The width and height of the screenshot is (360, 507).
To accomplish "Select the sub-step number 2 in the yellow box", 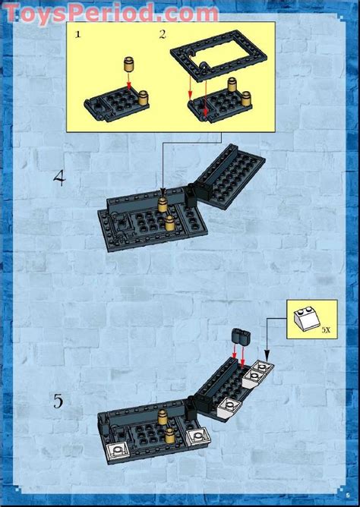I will coord(162,35).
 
